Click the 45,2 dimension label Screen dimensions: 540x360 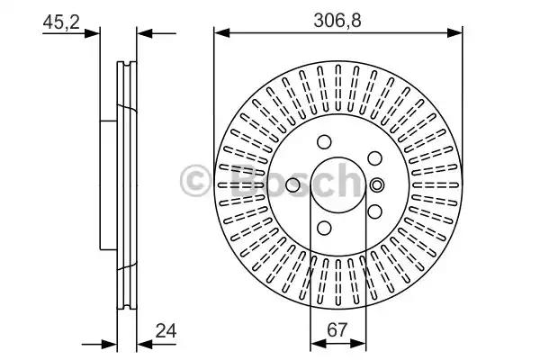61,22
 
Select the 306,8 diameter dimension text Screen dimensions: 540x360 337,21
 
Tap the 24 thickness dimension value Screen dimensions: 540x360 166,330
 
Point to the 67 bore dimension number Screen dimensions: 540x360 337,330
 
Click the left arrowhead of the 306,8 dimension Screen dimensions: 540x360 221,33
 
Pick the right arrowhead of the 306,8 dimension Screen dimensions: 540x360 454,33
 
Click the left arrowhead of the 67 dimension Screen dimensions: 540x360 319,343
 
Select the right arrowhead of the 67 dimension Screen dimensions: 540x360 358,343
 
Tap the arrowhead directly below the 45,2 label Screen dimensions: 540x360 92,33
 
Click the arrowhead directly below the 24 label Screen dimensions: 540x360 145,344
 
